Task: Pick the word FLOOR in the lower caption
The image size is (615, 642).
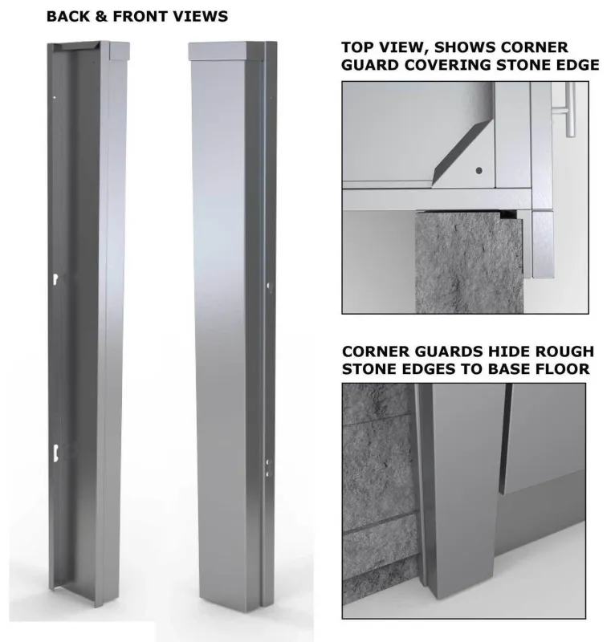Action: pyautogui.click(x=562, y=369)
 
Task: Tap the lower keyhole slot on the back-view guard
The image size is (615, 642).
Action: pyautogui.click(x=55, y=452)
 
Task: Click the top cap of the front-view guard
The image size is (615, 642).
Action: pyautogui.click(x=226, y=51)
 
